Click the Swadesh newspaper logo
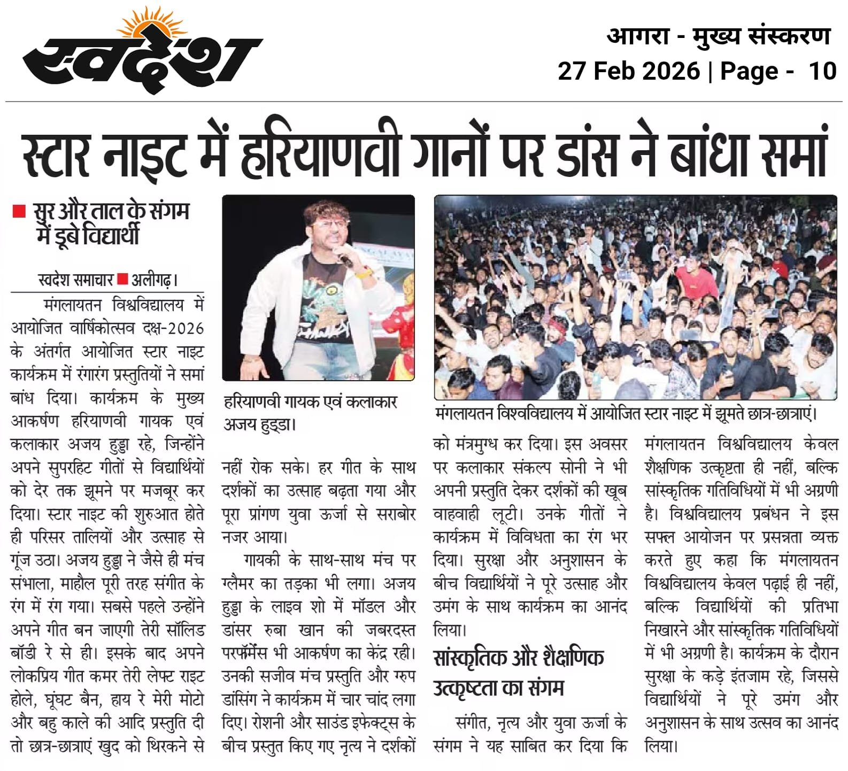pyautogui.click(x=142, y=59)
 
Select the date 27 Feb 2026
pyautogui.click(x=629, y=71)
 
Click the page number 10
pyautogui.click(x=822, y=71)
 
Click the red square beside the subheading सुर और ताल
pyautogui.click(x=19, y=212)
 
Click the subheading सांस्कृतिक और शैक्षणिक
pyautogui.click(x=519, y=658)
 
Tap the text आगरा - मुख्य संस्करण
pyautogui.click(x=719, y=36)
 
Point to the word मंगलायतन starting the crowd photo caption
pyautogui.click(x=464, y=414)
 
